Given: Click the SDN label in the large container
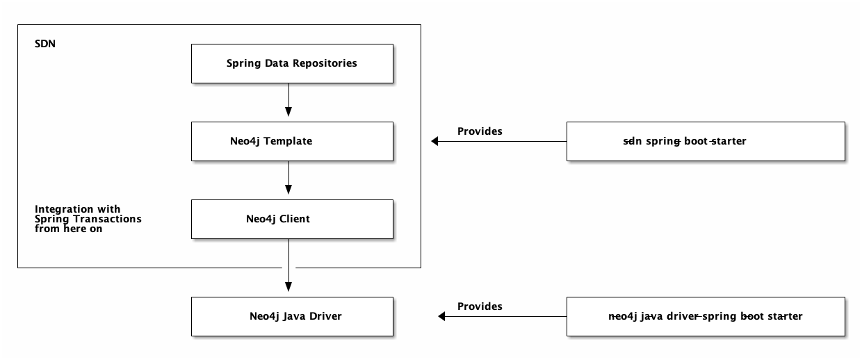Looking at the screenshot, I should coord(44,43).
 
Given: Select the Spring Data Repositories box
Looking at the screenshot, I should coord(291,63).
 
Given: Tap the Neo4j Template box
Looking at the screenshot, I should coord(291,141).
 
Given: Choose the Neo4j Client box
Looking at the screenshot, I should coord(291,219).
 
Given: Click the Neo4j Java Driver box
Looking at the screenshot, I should coord(291,316).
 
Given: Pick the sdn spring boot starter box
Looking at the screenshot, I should coord(706,141).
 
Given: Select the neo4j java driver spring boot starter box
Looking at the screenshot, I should coord(706,316).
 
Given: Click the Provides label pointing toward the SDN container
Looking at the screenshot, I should coord(480,131).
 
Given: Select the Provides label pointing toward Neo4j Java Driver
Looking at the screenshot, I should coord(480,306).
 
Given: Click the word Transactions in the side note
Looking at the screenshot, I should coord(113,219).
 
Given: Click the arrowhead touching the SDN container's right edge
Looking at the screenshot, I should coord(435,141).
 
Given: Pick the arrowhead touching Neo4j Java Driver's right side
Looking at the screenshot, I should coord(441,316).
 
